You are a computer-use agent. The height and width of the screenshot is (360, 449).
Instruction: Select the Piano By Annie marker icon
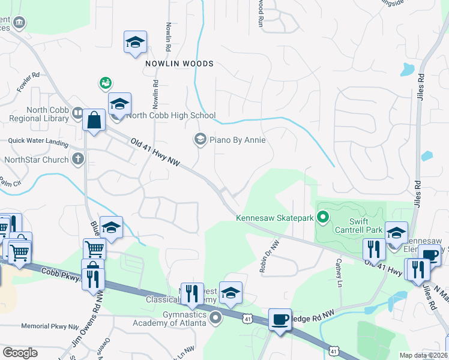tap(200, 140)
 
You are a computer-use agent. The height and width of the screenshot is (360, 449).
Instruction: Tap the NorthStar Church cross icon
tap(77, 160)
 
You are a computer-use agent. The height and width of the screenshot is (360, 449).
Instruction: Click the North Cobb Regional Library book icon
tap(77, 113)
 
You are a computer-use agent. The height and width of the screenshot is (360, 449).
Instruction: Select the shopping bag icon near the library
tap(94, 120)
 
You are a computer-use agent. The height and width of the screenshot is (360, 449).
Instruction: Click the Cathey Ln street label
tap(339, 272)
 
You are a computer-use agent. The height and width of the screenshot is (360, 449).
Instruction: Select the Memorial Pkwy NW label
tap(50, 327)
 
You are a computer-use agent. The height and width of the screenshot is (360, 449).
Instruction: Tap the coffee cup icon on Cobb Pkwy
tap(280, 319)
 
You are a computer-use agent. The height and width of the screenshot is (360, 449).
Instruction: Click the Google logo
tap(20, 353)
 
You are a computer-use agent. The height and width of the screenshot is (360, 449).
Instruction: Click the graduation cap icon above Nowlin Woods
tap(135, 43)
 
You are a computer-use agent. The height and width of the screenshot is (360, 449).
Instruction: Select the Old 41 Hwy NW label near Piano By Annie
tap(155, 152)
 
